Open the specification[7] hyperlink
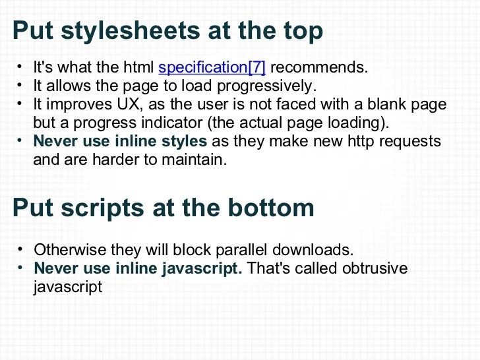click(x=212, y=67)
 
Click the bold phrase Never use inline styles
click(x=120, y=141)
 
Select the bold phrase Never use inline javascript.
click(x=138, y=268)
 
